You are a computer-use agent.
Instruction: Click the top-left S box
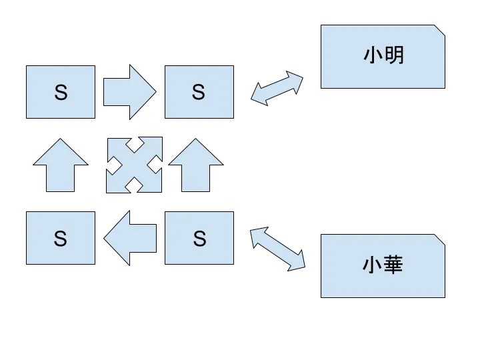point(61,93)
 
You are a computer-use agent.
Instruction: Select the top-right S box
point(199,93)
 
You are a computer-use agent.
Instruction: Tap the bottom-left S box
point(61,238)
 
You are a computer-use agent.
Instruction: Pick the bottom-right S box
point(199,238)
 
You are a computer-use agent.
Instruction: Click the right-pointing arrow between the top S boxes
point(129,91)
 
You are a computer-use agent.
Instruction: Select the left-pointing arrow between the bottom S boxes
point(131,238)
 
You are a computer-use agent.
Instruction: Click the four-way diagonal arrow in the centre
point(134,165)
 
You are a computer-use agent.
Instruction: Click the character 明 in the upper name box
point(394,55)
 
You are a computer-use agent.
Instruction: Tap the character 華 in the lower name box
point(394,265)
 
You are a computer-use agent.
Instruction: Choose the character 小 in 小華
point(373,265)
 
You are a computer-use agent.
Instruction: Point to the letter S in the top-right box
point(199,93)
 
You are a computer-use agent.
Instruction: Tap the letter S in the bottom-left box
point(61,238)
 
